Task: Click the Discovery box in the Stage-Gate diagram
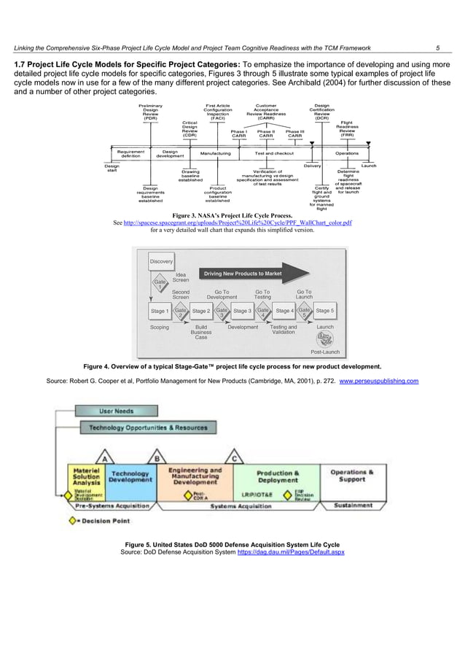[x=161, y=261]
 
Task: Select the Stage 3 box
[x=242, y=311]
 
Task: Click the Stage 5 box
[x=325, y=311]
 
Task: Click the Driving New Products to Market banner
[x=243, y=274]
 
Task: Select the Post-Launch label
[x=325, y=352]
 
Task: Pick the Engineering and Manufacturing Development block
[x=194, y=477]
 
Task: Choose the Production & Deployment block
[x=277, y=477]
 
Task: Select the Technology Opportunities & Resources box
[x=148, y=427]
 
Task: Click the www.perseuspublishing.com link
[x=379, y=381]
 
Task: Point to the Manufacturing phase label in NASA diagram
[x=215, y=154]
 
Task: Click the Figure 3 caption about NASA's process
[x=232, y=216]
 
